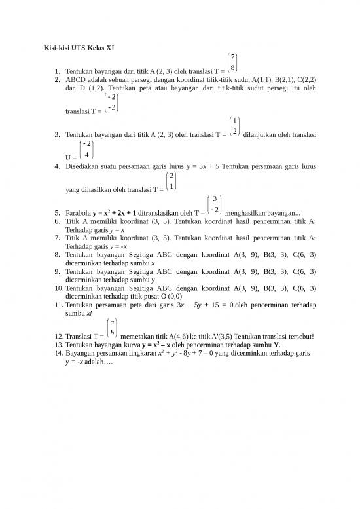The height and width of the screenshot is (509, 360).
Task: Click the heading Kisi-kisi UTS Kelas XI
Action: pyautogui.click(x=75, y=47)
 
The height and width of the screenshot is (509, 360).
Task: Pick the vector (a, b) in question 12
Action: pyautogui.click(x=113, y=328)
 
